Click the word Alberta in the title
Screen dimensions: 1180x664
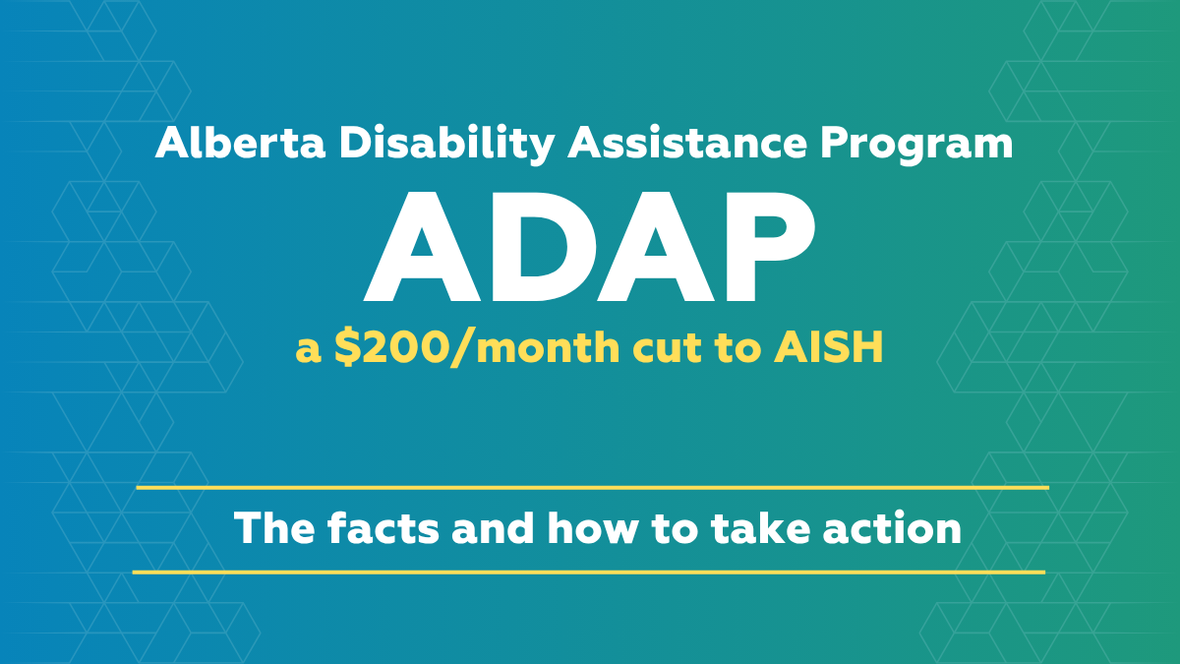click(x=240, y=143)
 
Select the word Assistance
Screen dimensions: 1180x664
click(x=687, y=143)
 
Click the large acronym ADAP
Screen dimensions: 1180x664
click(x=589, y=246)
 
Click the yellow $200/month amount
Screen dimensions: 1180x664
click(x=477, y=348)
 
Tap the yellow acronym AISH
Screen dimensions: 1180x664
click(x=829, y=347)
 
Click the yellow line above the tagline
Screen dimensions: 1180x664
click(x=593, y=488)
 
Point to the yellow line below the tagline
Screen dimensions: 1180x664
click(x=589, y=572)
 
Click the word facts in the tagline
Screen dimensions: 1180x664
click(x=383, y=527)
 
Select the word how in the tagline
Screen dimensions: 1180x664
click(x=592, y=527)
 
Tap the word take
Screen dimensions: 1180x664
click(x=760, y=527)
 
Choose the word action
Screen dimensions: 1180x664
click(x=893, y=527)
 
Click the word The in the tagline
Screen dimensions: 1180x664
click(x=274, y=527)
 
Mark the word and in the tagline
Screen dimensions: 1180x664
click(x=493, y=527)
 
